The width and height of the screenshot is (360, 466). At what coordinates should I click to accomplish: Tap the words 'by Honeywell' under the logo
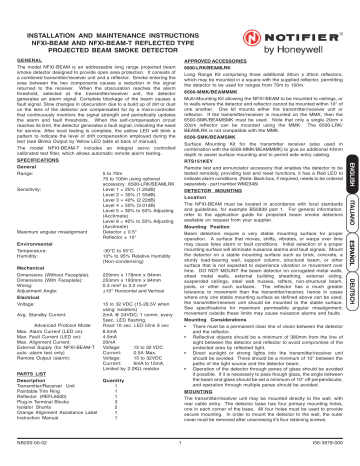[311, 28]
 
